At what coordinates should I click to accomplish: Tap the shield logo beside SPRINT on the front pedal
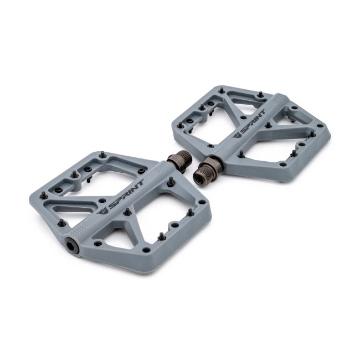click(102, 210)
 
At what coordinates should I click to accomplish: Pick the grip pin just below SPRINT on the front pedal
click(127, 212)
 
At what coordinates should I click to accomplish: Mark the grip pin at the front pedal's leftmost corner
click(43, 194)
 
